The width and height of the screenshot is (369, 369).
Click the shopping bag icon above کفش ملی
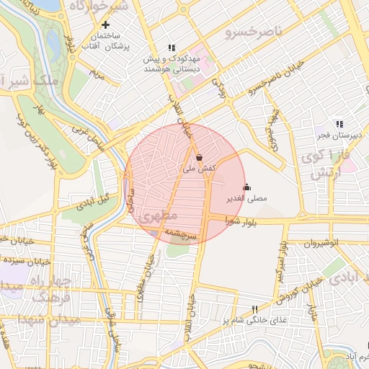pyautogui.click(x=199, y=156)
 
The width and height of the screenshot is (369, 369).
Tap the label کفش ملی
pyautogui.click(x=199, y=169)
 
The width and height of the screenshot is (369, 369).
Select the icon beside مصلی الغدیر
pyautogui.click(x=247, y=187)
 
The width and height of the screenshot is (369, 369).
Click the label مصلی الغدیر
pyautogui.click(x=247, y=198)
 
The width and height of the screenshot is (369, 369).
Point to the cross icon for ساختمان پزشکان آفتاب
pyautogui.click(x=106, y=25)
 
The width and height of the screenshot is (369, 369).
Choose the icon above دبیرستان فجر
pyautogui.click(x=339, y=124)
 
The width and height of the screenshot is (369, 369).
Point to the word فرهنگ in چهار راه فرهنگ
pyautogui.click(x=29, y=297)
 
